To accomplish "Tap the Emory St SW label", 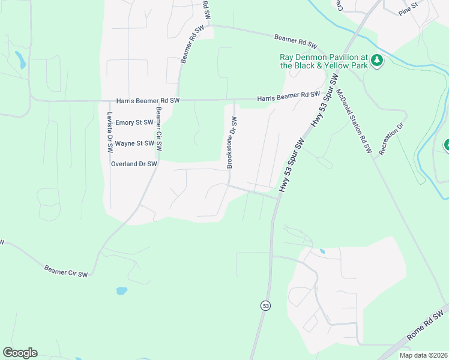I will (x=135, y=122).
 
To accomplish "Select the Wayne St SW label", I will (x=135, y=143).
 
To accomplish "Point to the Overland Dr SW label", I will (x=134, y=163).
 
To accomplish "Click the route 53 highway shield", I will (x=265, y=305).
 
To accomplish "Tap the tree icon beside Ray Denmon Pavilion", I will (x=377, y=60).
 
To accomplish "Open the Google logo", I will (x=20, y=353).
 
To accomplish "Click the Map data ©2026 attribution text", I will (x=423, y=355).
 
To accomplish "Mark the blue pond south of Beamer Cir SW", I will (x=122, y=291).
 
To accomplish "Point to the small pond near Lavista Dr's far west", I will (x=21, y=59).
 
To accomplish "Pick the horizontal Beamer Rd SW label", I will (x=295, y=41).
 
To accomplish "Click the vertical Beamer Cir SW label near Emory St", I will (x=159, y=128).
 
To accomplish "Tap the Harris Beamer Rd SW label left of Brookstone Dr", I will (x=148, y=100).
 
